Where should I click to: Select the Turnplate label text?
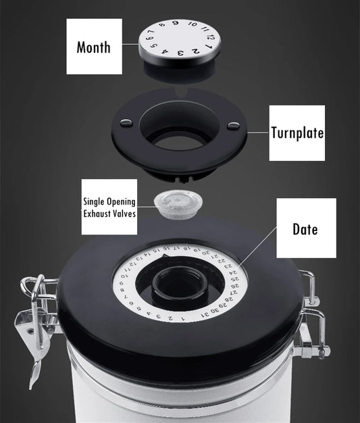point(297,132)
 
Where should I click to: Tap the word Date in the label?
point(305,228)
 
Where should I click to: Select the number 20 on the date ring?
point(203,251)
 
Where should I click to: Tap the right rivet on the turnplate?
point(233,124)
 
